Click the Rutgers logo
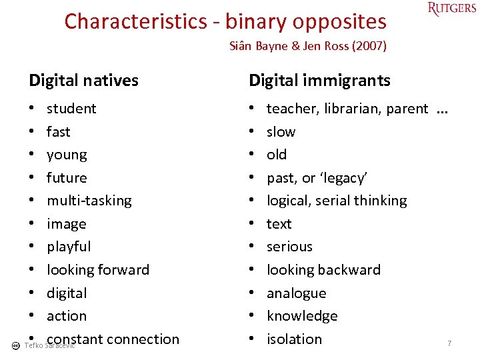452,9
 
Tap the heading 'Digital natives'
83,81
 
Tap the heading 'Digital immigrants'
319,81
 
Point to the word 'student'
71,108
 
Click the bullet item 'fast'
58,131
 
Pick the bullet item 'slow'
281,131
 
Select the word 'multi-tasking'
89,201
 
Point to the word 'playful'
68,247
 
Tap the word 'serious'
289,247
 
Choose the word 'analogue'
296,293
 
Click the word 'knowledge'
302,316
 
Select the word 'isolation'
294,339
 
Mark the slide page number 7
449,343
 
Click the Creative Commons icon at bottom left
15,345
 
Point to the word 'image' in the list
66,224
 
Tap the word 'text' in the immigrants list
279,224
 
